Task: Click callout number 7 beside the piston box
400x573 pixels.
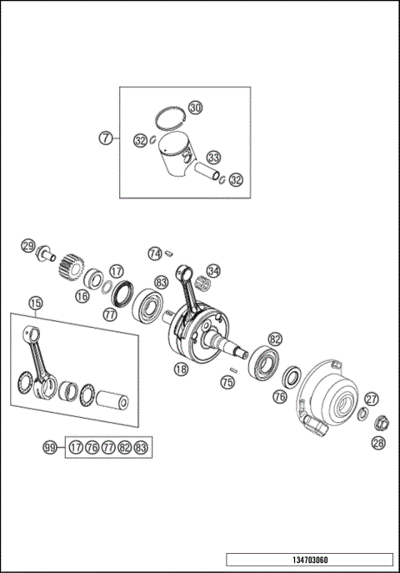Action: pos(106,138)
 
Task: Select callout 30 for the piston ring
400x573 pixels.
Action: pos(195,108)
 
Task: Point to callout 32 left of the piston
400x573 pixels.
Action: pos(141,141)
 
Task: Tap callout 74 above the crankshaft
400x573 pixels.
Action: pos(154,253)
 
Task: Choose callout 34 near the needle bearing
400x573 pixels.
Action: pos(213,271)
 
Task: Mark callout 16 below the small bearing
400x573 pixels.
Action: pos(82,295)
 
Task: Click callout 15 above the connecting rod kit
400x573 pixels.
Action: pos(35,303)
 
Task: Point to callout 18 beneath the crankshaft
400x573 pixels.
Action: pos(180,368)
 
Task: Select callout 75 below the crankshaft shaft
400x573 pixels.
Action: pos(227,382)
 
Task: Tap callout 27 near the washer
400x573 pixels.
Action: pos(372,400)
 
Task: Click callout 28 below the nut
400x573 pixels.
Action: pos(378,442)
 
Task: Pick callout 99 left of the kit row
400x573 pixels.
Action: pos(50,449)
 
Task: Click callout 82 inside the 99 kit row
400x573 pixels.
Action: pos(125,449)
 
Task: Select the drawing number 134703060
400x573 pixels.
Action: pos(308,560)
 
